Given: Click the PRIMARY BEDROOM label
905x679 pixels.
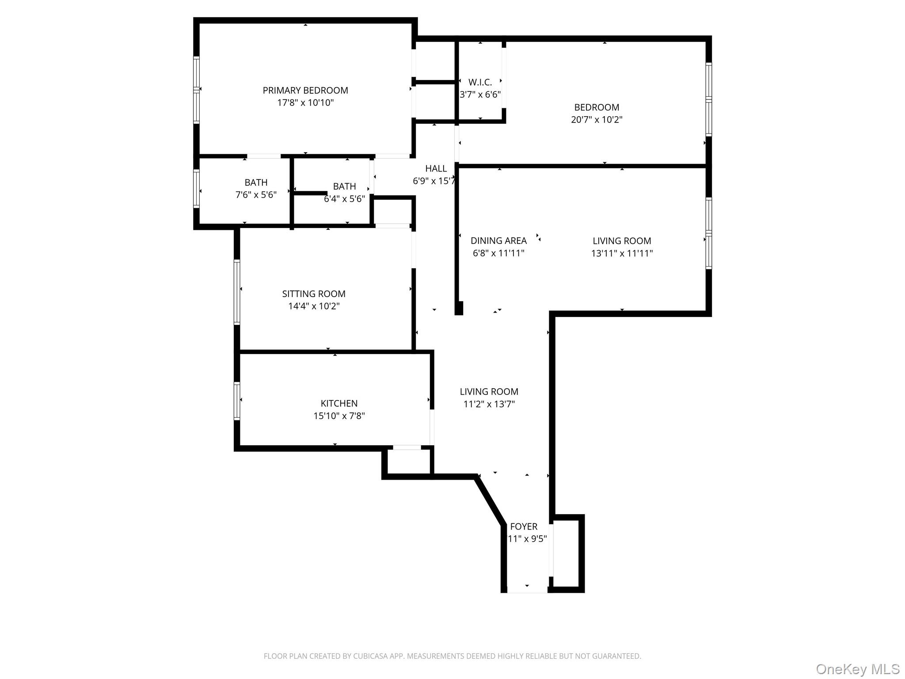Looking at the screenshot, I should (x=305, y=91).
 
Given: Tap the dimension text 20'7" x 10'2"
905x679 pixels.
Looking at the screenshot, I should (x=597, y=120).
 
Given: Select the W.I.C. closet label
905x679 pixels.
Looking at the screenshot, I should (x=480, y=82).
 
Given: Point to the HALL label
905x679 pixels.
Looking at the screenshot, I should (x=436, y=168).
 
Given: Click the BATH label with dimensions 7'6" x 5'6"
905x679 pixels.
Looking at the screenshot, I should (x=256, y=183).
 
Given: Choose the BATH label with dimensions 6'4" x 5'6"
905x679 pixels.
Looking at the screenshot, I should (x=344, y=187).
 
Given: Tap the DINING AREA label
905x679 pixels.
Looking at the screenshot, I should (x=498, y=241).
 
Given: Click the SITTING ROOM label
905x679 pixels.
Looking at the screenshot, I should (x=314, y=294).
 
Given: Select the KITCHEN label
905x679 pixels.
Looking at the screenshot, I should (x=339, y=404).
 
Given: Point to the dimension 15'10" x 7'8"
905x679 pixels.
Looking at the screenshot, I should (x=339, y=416).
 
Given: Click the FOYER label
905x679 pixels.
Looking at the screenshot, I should (x=524, y=527).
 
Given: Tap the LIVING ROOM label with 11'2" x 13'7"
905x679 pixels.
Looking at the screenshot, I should (x=489, y=392).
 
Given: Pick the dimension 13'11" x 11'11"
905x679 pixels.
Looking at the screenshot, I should (x=622, y=253).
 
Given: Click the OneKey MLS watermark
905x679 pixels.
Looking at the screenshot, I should (x=857, y=669).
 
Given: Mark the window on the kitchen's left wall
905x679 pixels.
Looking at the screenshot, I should (x=237, y=401).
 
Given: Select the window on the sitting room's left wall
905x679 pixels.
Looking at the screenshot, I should (x=237, y=292).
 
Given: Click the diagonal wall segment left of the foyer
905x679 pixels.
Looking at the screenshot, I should (x=491, y=501).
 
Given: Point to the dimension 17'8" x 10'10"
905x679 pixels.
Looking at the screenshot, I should (x=305, y=103).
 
